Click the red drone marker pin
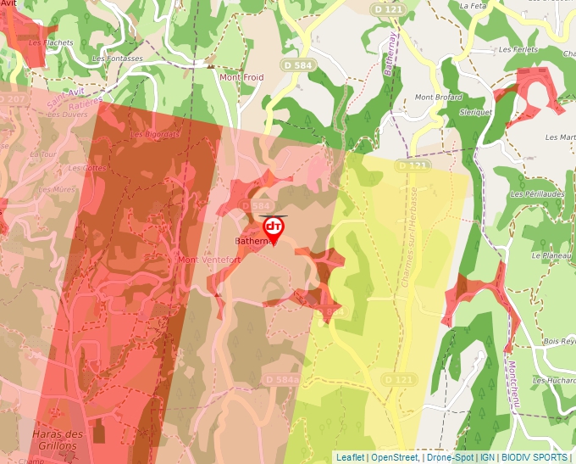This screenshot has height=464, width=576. click(273, 229)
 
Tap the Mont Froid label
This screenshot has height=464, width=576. click(241, 77)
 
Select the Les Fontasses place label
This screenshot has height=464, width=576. click(118, 59)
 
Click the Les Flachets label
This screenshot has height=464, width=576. click(51, 42)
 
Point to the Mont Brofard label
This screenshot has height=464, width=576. click(438, 98)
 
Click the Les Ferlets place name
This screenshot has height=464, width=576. click(518, 49)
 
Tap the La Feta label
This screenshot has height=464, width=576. click(472, 5)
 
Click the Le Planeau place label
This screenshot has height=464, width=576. click(549, 254)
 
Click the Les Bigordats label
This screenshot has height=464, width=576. click(154, 134)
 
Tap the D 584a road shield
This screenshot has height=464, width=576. click(281, 379)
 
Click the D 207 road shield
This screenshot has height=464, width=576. click(12, 99)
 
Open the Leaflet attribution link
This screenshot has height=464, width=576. click(350, 457)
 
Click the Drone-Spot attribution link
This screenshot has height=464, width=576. click(450, 457)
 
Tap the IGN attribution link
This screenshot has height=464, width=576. click(487, 457)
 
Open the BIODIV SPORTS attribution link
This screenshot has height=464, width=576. click(534, 457)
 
